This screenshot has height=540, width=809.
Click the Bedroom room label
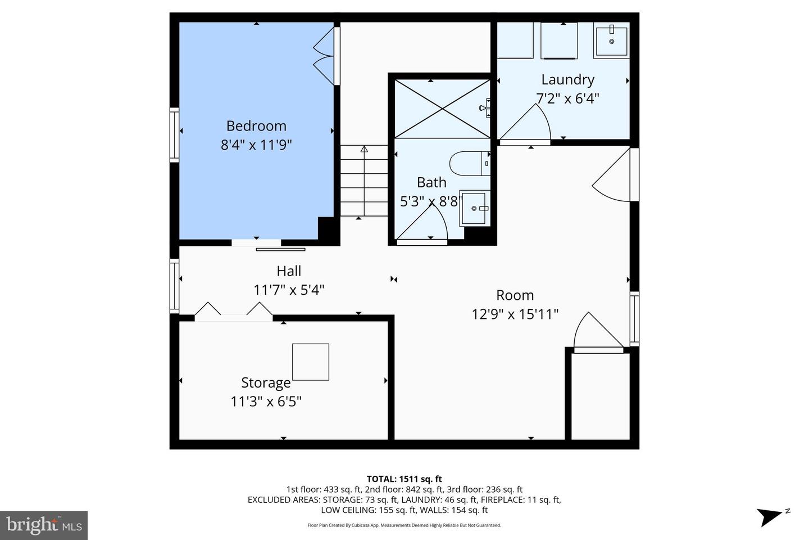click(256, 125)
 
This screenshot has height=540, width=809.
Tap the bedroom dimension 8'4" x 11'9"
click(256, 145)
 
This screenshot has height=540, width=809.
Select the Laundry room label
click(567, 80)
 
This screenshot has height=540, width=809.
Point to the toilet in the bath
click(469, 163)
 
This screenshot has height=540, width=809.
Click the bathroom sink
click(474, 208)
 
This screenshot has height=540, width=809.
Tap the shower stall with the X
click(442, 109)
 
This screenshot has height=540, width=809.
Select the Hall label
click(289, 271)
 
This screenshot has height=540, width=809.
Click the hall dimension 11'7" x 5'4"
click(289, 290)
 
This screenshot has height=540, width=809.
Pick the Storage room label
click(266, 383)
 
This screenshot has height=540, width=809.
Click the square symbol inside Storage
click(310, 362)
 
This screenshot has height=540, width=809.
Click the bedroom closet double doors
click(324, 53)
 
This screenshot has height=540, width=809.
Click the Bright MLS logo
click(44, 525)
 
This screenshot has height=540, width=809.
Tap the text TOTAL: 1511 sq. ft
click(404, 479)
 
